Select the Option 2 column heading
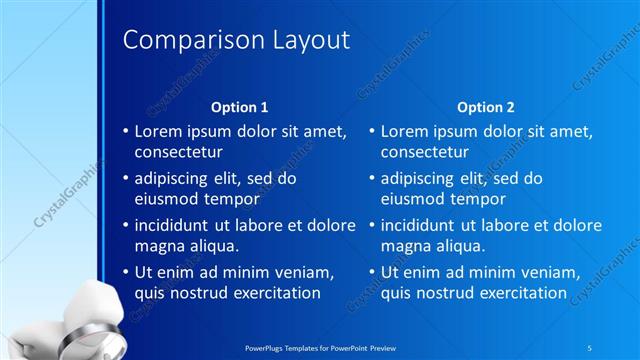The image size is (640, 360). (x=486, y=106)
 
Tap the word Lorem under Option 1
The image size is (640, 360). (x=158, y=131)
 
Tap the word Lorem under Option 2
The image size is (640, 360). (x=405, y=131)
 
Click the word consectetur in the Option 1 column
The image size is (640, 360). (x=178, y=153)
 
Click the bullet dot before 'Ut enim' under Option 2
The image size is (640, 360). (x=372, y=272)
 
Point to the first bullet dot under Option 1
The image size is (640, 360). (x=125, y=131)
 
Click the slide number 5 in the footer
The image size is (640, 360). (x=589, y=346)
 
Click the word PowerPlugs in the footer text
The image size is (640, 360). (x=267, y=346)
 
